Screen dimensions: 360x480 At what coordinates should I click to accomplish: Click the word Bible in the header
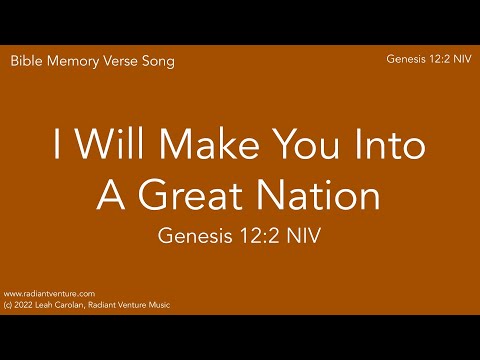pos(26,61)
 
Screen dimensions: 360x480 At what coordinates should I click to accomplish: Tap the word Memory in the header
pos(71,61)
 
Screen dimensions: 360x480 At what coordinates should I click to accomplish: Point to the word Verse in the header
pos(120,61)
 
